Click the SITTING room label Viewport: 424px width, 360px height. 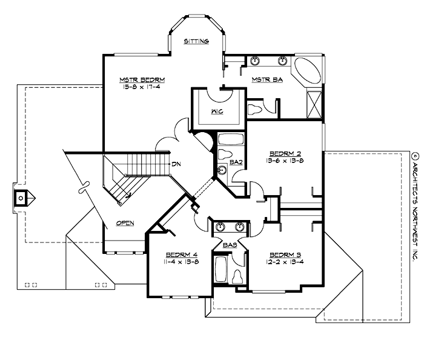197,42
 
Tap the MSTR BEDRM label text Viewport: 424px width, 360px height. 142,79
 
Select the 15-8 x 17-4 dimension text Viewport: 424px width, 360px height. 142,87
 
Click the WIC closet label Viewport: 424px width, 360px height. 218,112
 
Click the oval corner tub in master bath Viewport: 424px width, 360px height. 308,70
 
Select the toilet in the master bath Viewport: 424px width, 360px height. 254,110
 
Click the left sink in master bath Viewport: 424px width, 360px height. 255,61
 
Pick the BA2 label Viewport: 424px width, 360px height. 236,162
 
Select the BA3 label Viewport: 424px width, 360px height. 230,245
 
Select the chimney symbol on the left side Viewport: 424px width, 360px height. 21,197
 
